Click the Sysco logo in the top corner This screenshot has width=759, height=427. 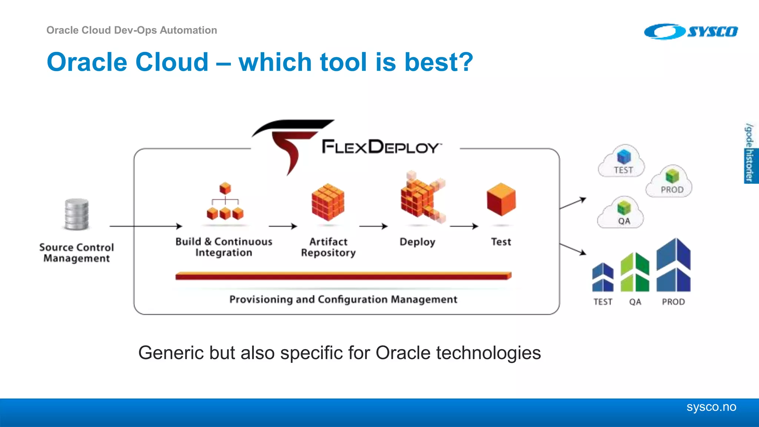click(691, 32)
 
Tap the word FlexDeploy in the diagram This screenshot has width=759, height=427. click(381, 147)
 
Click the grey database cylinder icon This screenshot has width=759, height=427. click(77, 214)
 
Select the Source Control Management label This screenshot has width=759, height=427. click(77, 253)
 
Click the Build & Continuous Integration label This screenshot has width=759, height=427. click(224, 247)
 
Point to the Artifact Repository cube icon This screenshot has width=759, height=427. click(328, 202)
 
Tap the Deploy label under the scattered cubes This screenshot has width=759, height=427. click(417, 242)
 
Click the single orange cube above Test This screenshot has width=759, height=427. click(501, 199)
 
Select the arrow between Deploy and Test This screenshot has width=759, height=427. click(464, 226)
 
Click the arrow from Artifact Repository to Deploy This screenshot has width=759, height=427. click(374, 226)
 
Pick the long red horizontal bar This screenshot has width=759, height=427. click(343, 276)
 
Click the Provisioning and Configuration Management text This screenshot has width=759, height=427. click(343, 299)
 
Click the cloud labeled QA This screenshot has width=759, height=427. click(621, 213)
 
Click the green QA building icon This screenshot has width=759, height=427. click(635, 272)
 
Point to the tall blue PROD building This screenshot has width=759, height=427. click(673, 265)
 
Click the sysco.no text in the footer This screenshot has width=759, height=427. click(711, 407)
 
